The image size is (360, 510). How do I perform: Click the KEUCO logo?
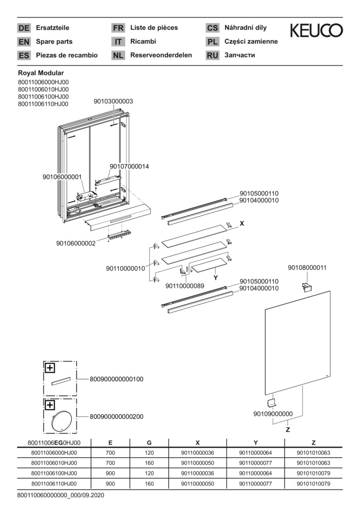point(316,31)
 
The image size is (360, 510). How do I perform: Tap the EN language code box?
point(24,42)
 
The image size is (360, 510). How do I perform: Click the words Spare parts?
point(54,42)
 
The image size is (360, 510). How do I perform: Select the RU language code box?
point(212,55)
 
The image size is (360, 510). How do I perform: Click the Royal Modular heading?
point(41,73)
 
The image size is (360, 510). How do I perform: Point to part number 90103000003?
point(113,102)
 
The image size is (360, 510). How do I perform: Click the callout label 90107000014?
point(129,166)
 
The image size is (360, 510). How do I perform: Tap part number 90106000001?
point(62,177)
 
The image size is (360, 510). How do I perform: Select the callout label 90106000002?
point(75,243)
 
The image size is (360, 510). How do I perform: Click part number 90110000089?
point(185,286)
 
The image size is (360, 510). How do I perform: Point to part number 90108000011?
point(307,268)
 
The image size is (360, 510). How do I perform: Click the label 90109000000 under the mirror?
point(273,414)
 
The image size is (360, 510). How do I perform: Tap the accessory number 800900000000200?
point(117,416)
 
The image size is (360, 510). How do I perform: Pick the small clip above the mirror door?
point(307,286)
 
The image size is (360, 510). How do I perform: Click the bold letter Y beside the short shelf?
point(215,278)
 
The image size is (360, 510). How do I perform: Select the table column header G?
point(149,443)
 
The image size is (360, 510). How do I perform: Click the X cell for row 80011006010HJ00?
point(197,463)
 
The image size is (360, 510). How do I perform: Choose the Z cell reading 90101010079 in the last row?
point(313,484)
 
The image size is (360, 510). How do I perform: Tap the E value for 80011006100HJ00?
point(110,474)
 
